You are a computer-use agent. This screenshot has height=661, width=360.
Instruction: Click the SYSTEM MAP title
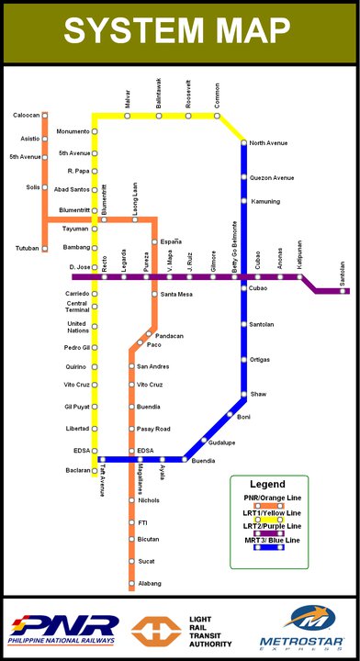pyautogui.click(x=179, y=32)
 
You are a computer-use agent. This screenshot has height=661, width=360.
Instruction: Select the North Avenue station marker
pyautogui.click(x=244, y=142)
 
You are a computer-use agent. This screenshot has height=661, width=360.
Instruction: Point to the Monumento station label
pyautogui.click(x=73, y=131)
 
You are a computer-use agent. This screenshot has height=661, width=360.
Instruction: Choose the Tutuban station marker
pyautogui.click(x=44, y=248)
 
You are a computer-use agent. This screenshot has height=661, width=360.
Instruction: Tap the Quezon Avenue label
pyautogui.click(x=272, y=177)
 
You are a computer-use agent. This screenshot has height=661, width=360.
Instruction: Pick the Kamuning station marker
pyautogui.click(x=244, y=200)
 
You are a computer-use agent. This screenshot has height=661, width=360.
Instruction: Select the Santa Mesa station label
pyautogui.click(x=176, y=295)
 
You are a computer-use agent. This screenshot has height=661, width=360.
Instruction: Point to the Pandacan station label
pyautogui.click(x=171, y=336)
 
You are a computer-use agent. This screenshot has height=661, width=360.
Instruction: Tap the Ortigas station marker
pyautogui.click(x=244, y=359)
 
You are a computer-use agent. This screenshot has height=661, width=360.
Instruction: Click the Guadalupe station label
pyautogui.click(x=222, y=443)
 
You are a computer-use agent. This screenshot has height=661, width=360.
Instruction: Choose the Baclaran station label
pyautogui.click(x=75, y=470)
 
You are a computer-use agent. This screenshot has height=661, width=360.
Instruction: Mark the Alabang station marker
pyautogui.click(x=131, y=583)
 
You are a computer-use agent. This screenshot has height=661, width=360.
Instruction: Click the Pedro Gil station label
pyautogui.click(x=76, y=348)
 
